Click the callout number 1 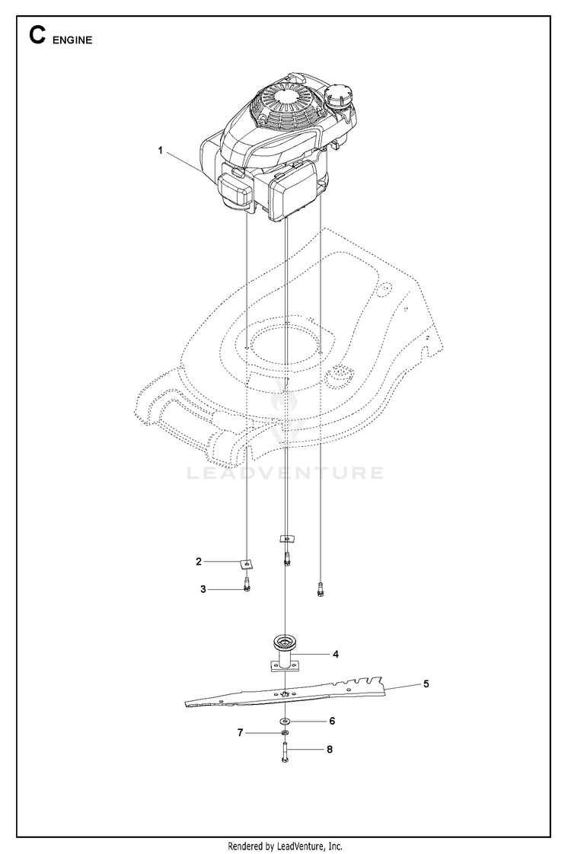[161, 151]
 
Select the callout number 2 [199, 561]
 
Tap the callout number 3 [203, 588]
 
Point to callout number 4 [336, 653]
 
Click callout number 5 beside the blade [426, 684]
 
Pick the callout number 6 [331, 720]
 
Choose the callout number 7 [240, 732]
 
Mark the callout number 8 [329, 749]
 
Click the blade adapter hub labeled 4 [283, 652]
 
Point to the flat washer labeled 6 [284, 720]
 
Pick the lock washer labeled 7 [284, 733]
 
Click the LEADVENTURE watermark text [285, 473]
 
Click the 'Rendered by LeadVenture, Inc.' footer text [285, 846]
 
